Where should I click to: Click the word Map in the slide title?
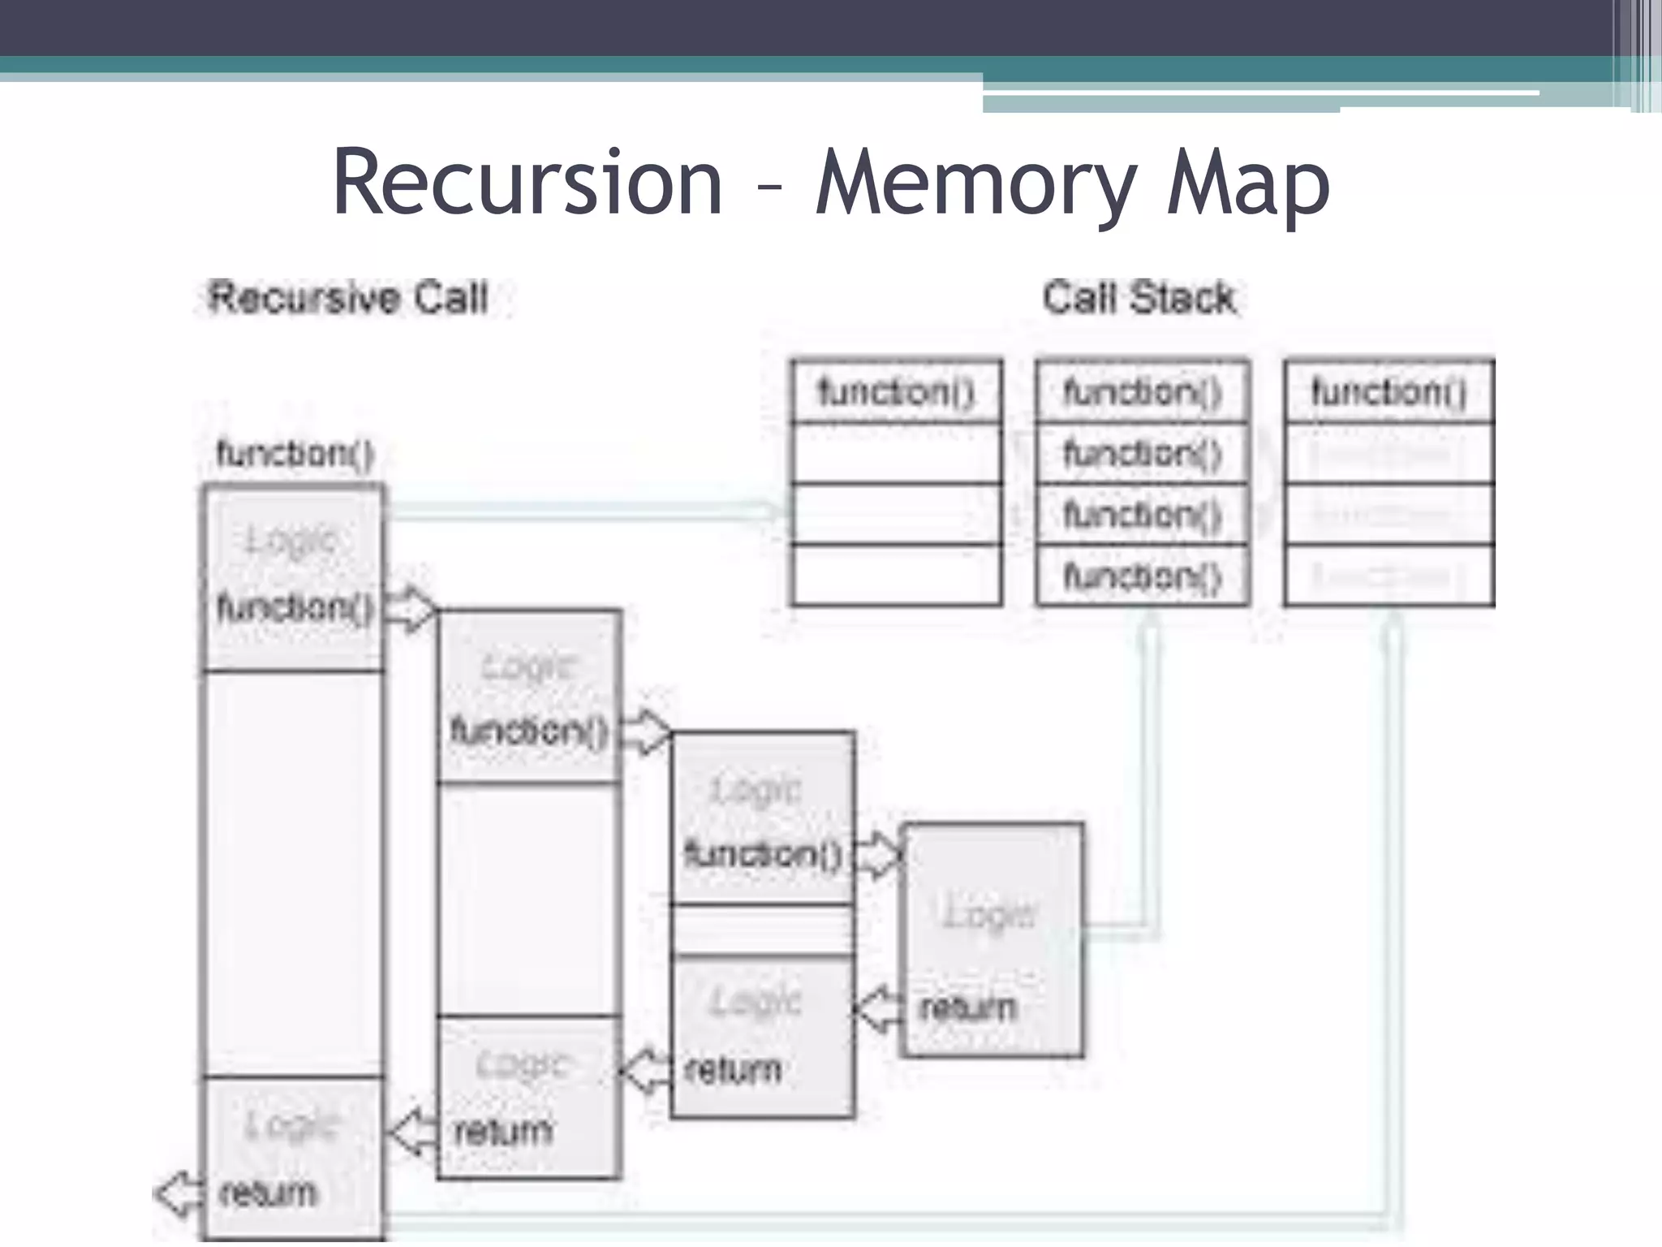click(x=1247, y=187)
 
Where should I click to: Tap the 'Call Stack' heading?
click(x=1139, y=298)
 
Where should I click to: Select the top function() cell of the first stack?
click(x=896, y=392)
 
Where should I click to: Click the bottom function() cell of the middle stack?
click(x=1142, y=576)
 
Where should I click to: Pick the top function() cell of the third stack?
click(x=1389, y=392)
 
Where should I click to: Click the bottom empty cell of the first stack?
click(x=896, y=576)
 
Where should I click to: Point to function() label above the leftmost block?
click(x=295, y=453)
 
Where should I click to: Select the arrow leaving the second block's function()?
click(x=646, y=731)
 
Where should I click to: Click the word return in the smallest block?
click(x=967, y=1008)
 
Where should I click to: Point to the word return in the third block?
click(x=733, y=1070)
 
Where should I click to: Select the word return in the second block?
click(x=502, y=1131)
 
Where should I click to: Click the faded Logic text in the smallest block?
click(x=990, y=914)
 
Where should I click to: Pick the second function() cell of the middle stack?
click(x=1142, y=453)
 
